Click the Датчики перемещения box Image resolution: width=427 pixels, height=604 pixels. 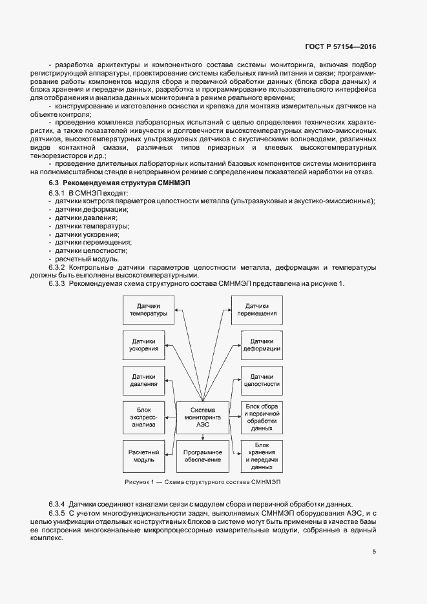pos(261,310)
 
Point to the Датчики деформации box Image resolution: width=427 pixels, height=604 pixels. pos(261,346)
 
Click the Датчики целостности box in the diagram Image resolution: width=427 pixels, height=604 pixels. pos(261,381)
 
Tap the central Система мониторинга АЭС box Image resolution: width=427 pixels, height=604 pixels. pos(203,417)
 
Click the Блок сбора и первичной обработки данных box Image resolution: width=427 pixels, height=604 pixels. pos(261,417)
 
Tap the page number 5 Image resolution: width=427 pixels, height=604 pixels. pos(375,552)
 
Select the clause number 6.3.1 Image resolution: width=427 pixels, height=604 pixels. pos(57,194)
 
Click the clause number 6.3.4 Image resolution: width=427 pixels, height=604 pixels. pos(57,503)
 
